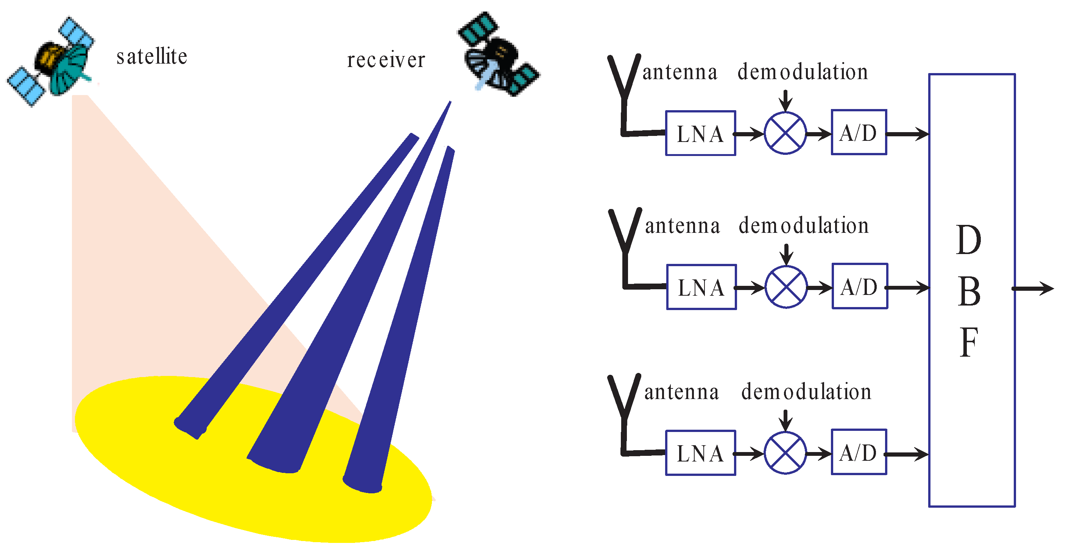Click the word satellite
[151, 57]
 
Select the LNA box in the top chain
[700, 133]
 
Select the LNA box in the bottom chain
[700, 453]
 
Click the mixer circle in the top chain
[785, 133]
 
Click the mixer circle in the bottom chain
[785, 453]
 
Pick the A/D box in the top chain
[859, 133]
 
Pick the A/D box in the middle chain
[860, 286]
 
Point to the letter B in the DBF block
[969, 292]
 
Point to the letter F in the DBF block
[969, 342]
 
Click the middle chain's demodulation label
[804, 226]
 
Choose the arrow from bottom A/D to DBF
[907, 454]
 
